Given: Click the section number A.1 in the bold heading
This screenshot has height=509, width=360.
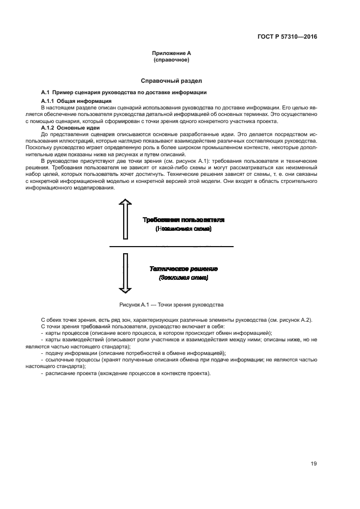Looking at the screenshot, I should (x=46, y=92).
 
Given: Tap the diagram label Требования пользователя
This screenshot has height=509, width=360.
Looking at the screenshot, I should (x=183, y=220).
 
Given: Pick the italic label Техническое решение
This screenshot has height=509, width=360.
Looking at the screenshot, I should (x=184, y=268).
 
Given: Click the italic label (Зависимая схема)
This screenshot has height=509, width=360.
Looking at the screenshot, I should (x=184, y=278).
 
